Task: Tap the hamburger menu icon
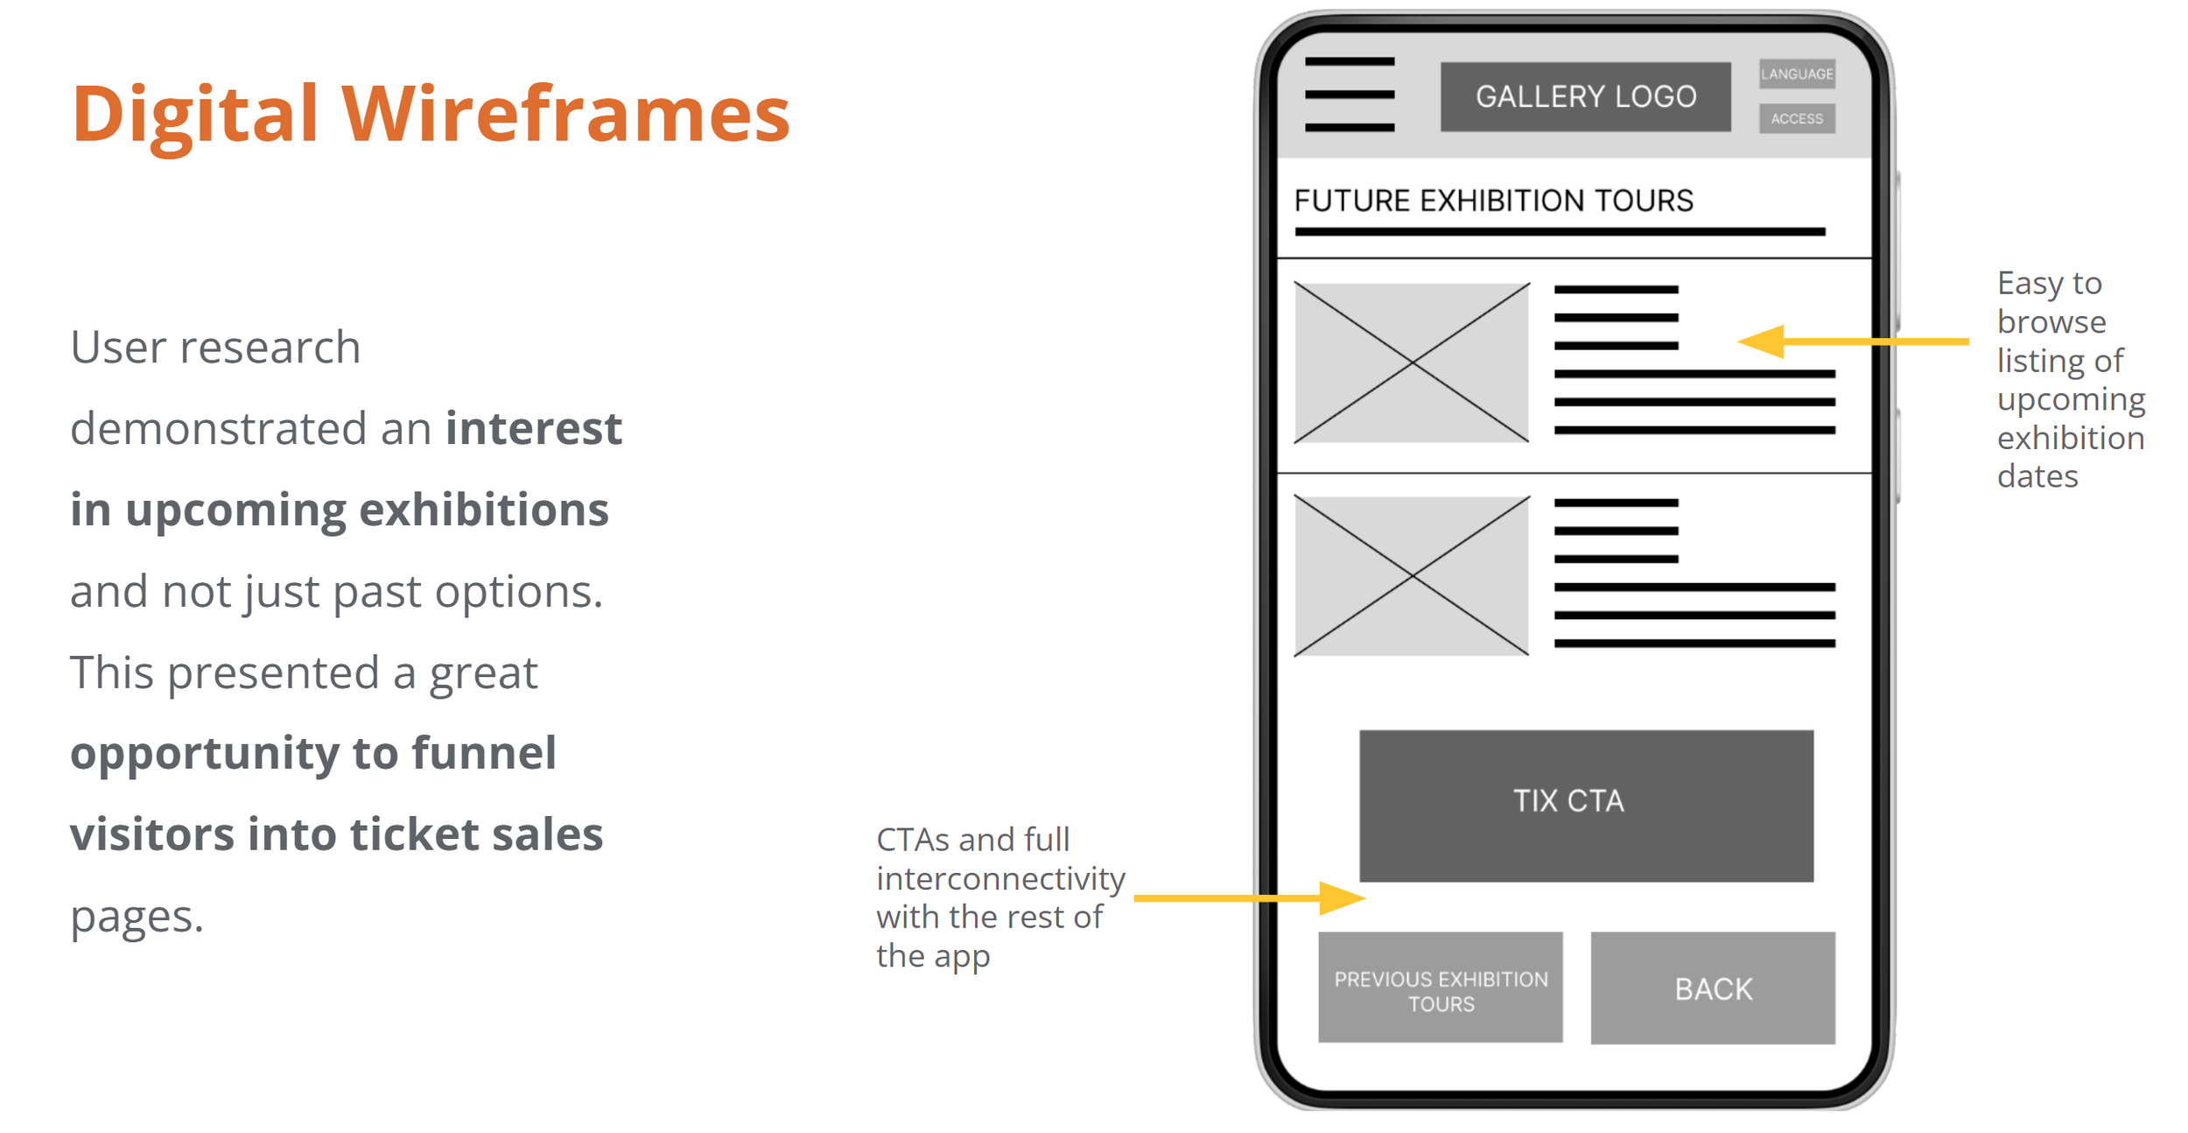(x=1349, y=95)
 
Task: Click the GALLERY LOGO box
(x=1585, y=96)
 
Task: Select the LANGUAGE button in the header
(x=1797, y=74)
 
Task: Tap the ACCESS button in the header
(x=1797, y=118)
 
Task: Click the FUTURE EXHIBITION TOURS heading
(x=1493, y=201)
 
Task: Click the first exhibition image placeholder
(x=1412, y=362)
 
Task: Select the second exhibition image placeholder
(x=1412, y=576)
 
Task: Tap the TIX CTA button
(x=1586, y=805)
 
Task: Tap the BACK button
(x=1713, y=988)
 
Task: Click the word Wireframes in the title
(x=565, y=114)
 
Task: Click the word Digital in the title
(x=194, y=114)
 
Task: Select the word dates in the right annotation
(x=2037, y=476)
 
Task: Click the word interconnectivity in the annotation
(x=1000, y=878)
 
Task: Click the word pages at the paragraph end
(x=137, y=918)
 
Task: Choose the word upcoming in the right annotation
(x=2071, y=400)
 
